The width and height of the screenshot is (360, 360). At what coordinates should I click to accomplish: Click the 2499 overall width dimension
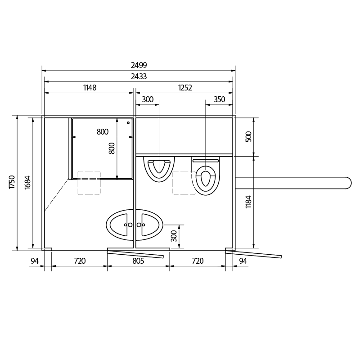coord(139,65)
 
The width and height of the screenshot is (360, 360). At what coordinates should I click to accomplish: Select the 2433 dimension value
coord(139,76)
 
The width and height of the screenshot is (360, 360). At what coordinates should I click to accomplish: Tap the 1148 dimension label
coord(90,87)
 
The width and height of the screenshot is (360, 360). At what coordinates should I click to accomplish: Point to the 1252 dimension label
coord(185,87)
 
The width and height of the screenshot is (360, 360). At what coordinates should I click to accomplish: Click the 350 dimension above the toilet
coord(219,99)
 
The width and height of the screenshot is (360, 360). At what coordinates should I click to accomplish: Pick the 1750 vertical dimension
coord(12,182)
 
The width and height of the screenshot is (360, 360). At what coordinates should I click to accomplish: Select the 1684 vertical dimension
coord(27,182)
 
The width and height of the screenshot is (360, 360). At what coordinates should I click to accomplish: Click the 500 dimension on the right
coord(249,137)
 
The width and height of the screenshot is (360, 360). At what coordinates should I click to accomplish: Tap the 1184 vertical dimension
coord(249,202)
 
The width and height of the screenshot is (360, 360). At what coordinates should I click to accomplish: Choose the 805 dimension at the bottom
coord(138,261)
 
